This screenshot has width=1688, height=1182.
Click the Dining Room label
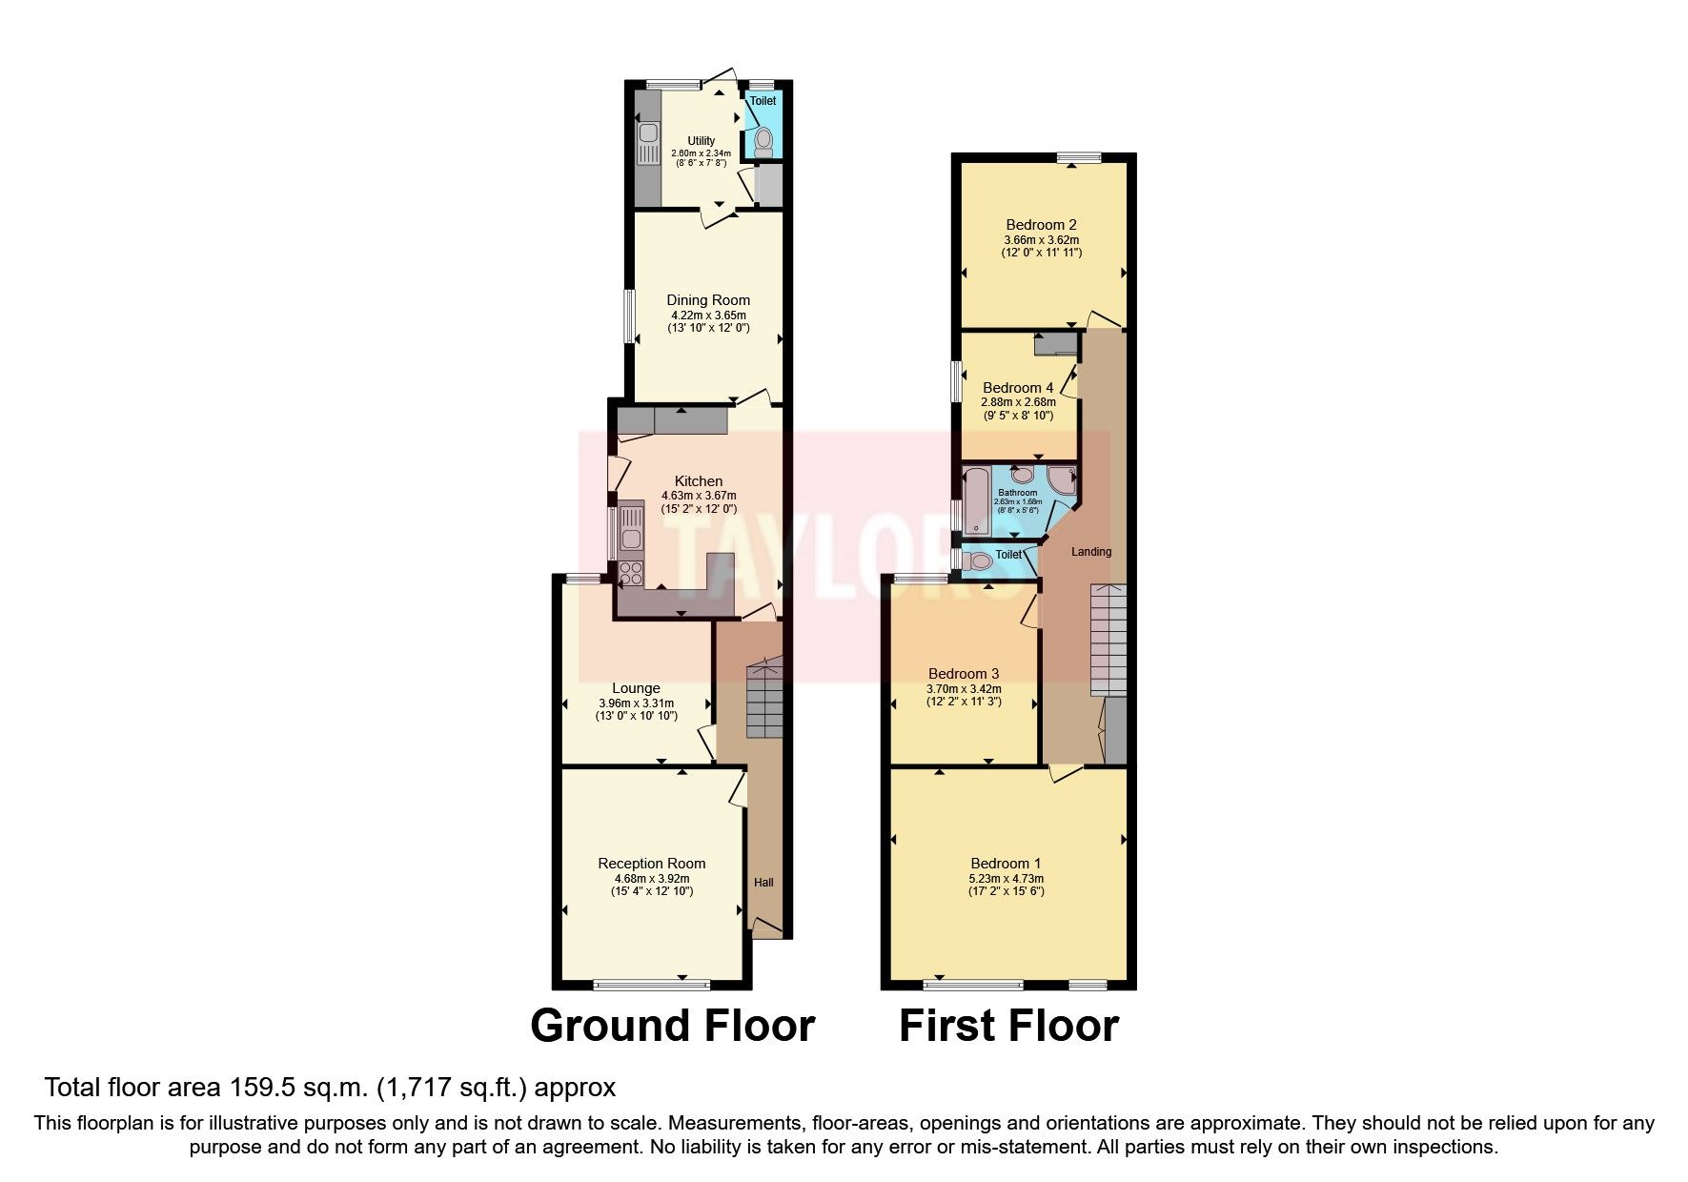pos(707,300)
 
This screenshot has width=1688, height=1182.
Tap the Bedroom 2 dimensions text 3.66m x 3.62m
pos(1041,240)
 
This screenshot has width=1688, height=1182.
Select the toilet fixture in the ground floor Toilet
pos(763,143)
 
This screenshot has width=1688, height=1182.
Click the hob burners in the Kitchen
pos(631,573)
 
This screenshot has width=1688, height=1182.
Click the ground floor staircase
pos(763,696)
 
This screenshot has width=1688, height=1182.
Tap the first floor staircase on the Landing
pos(1108,639)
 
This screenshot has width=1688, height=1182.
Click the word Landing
pos(1090,552)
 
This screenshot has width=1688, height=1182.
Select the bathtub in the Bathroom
pos(976,502)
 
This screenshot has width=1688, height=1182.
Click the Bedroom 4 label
pos(1017,388)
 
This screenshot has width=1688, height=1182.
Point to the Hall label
pos(763,883)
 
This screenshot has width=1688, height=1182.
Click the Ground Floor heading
pos(672,1027)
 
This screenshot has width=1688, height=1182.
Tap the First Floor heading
pos(1008,1027)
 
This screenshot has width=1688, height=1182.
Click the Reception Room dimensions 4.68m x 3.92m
pos(651,879)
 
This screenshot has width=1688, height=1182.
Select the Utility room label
pos(701,141)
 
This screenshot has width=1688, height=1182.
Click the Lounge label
pos(636,688)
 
